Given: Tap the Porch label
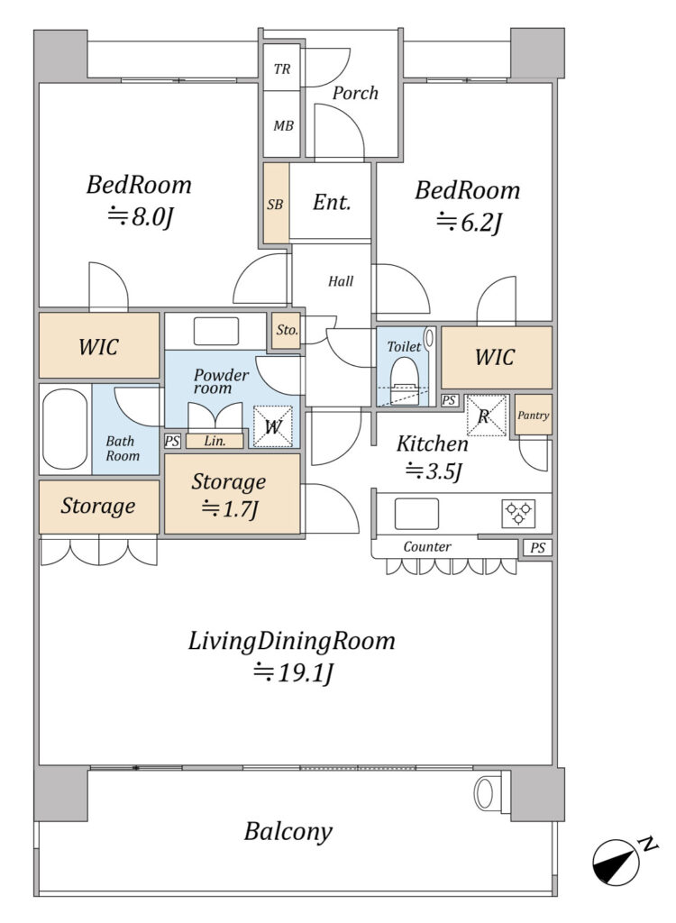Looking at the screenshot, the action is [355, 93].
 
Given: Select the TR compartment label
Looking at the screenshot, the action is [282, 69].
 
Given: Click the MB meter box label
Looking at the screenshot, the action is [283, 125].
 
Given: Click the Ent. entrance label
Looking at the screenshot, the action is [332, 203].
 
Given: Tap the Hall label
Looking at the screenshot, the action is [341, 281].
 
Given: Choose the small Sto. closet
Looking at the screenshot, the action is [287, 330].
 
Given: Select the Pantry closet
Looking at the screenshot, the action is [534, 415].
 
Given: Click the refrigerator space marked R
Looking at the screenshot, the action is [487, 416].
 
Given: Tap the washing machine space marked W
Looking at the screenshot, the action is [272, 426].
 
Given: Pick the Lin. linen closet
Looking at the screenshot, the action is [215, 441].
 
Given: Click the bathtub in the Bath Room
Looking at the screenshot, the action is [65, 428].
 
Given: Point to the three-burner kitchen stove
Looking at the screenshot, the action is [518, 513].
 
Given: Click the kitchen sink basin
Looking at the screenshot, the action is [416, 514].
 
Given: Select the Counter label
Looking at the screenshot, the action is [427, 547].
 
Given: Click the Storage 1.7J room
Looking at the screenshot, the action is [232, 494].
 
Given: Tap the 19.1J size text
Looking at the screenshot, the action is [293, 672].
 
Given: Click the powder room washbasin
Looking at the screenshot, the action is [216, 332].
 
